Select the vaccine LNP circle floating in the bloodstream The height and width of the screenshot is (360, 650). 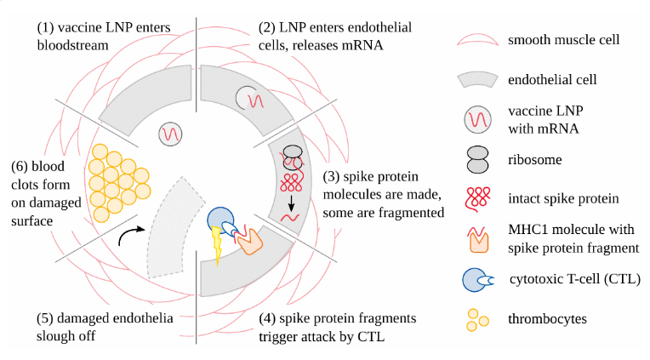tap(170, 133)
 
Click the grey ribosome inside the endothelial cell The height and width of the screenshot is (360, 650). tap(293, 156)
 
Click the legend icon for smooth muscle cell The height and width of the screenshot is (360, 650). tap(479, 41)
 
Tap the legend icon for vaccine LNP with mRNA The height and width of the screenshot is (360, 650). tap(479, 119)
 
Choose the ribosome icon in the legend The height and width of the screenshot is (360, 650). tap(479, 159)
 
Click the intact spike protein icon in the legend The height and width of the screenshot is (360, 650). tap(479, 198)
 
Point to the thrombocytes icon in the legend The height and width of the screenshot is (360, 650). tap(479, 320)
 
